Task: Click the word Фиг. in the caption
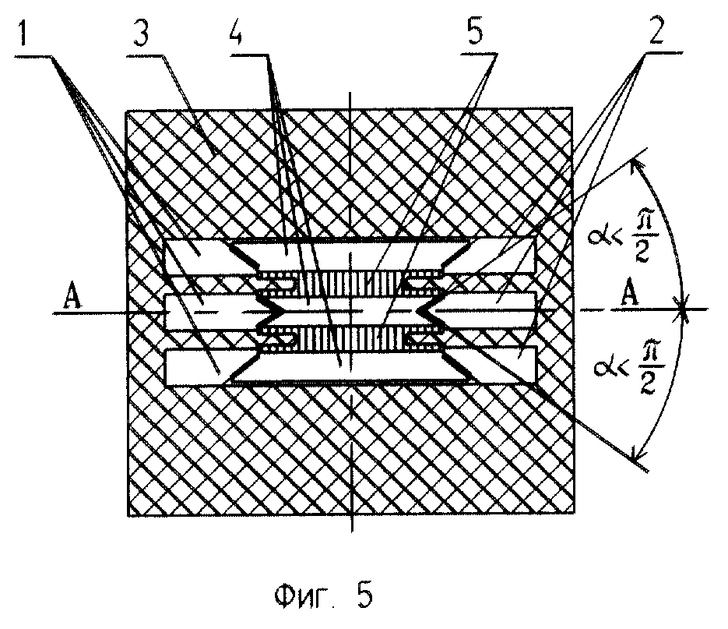304,598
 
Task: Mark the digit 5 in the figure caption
364,598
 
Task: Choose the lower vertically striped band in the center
350,337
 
